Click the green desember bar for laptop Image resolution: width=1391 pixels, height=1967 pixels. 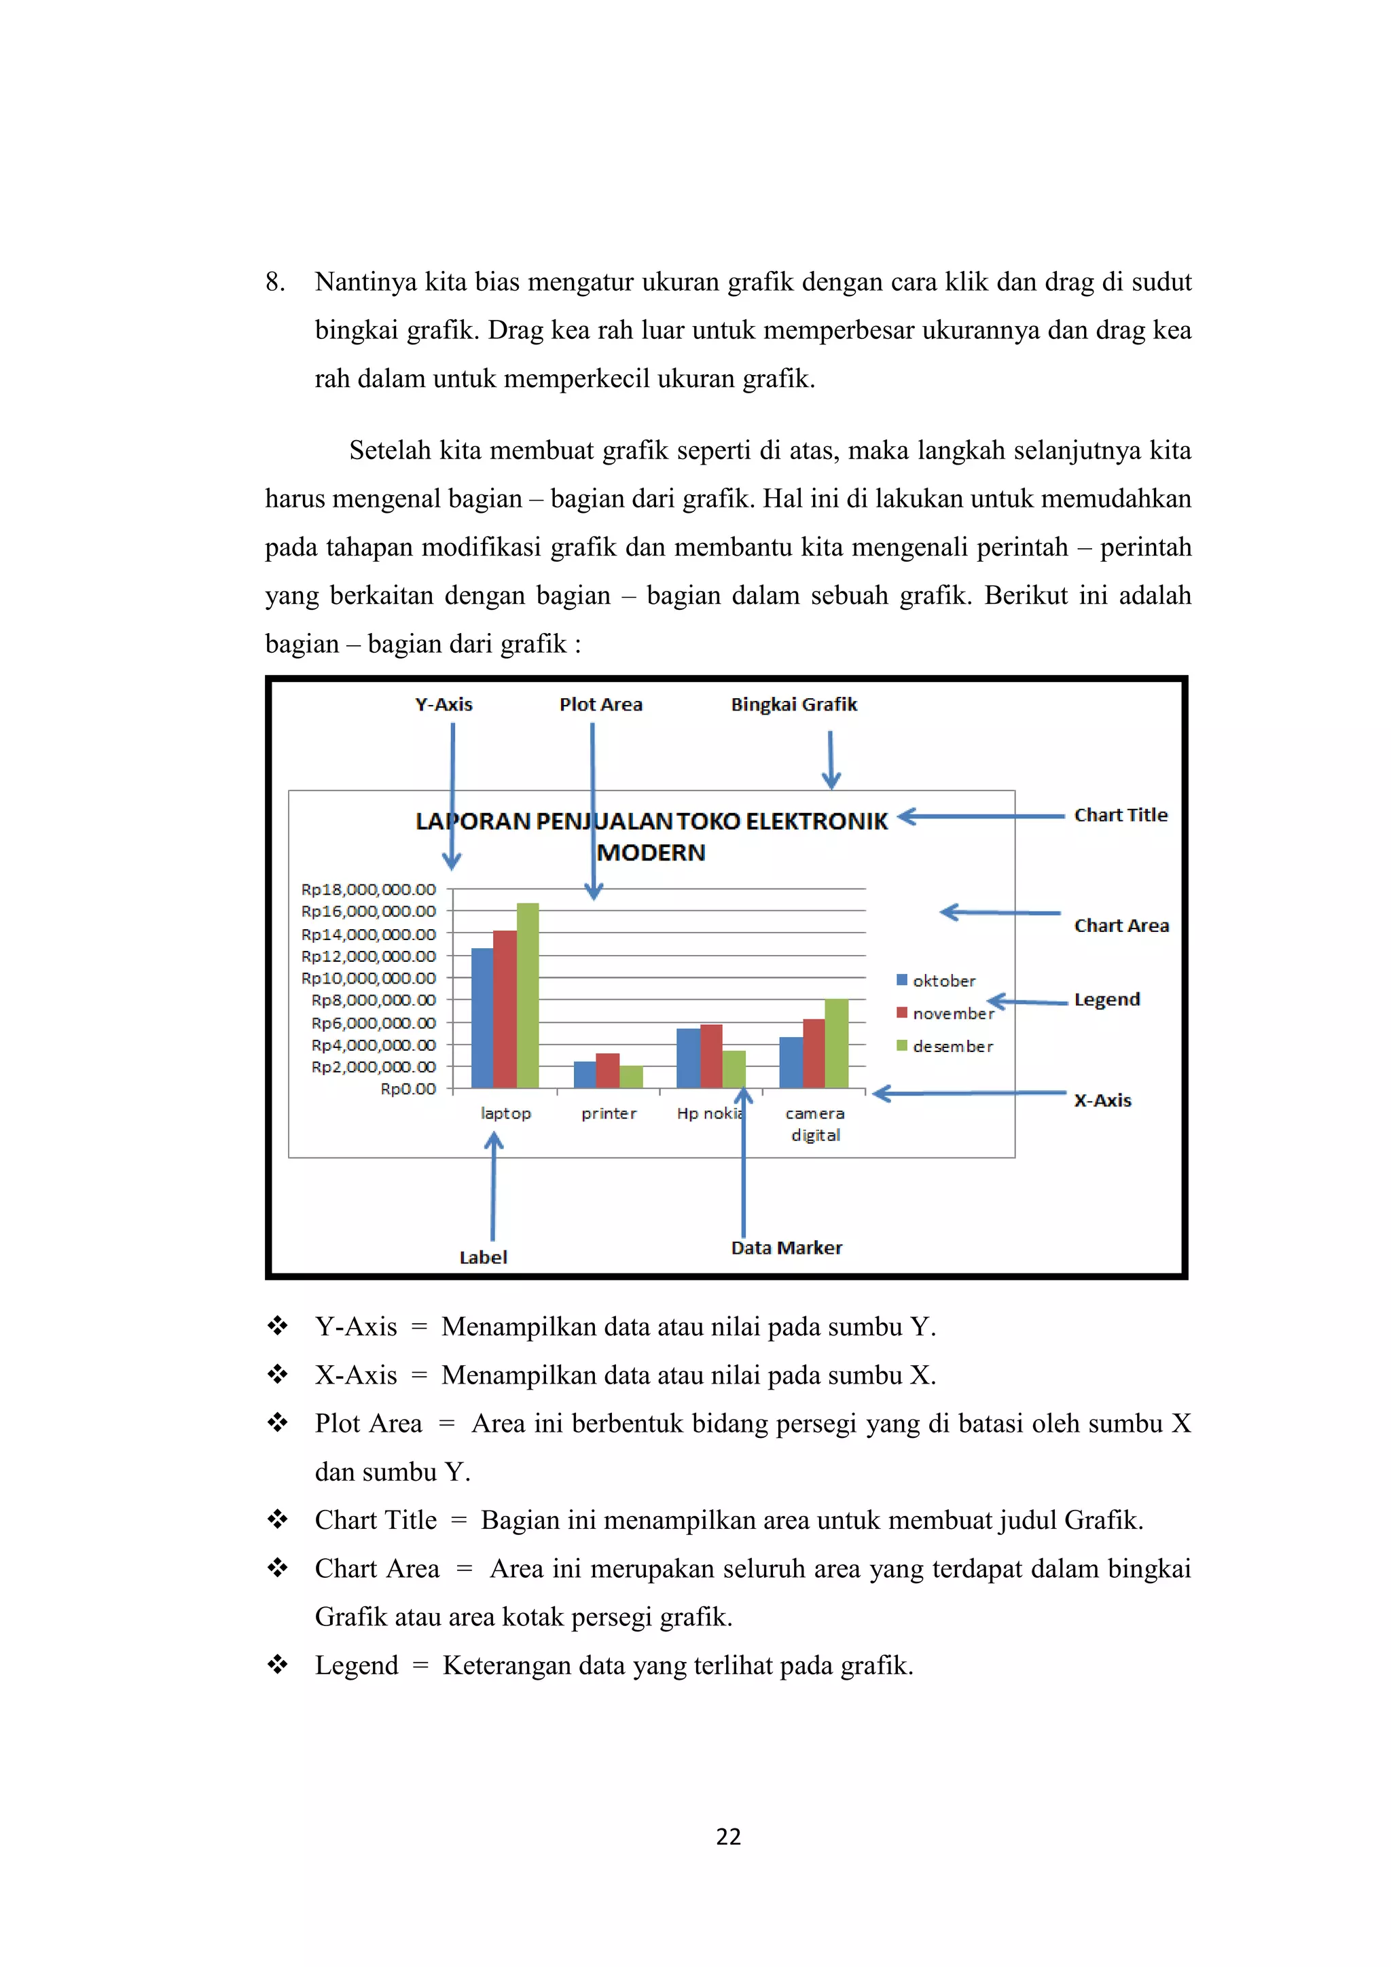click(528, 996)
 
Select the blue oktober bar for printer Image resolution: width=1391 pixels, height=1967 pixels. click(584, 1075)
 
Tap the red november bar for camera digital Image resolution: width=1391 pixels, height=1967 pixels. click(814, 1053)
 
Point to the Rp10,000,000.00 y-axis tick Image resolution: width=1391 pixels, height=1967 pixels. click(368, 977)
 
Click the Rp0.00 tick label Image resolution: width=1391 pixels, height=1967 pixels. click(408, 1089)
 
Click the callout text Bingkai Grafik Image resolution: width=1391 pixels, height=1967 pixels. click(793, 704)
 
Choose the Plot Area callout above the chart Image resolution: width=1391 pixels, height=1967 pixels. click(600, 704)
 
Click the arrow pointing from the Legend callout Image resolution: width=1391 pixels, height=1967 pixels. click(1028, 1001)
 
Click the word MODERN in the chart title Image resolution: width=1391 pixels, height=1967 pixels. click(651, 852)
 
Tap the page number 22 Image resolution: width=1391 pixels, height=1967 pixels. click(728, 1836)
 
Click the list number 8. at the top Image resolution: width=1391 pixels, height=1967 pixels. click(275, 282)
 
